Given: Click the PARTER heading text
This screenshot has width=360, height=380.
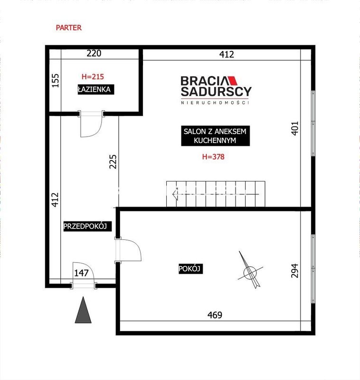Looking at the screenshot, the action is (x=68, y=28).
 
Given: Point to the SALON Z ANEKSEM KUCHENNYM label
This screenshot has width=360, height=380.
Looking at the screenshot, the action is (x=215, y=136).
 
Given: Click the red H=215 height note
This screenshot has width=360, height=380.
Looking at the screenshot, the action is (x=93, y=76).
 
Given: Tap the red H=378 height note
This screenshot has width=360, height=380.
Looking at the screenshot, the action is (x=213, y=157).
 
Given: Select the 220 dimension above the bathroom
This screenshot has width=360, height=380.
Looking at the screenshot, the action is (x=94, y=53).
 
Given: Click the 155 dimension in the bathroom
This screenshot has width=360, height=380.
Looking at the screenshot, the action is (x=56, y=81).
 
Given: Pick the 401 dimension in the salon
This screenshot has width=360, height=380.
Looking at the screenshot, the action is (x=294, y=128).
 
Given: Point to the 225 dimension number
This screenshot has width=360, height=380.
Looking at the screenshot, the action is (x=113, y=161).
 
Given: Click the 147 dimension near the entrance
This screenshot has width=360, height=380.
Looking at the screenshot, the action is (x=81, y=273).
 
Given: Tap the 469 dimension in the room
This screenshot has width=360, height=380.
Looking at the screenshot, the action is (x=215, y=315).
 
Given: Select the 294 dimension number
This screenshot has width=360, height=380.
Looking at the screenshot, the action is (x=294, y=271).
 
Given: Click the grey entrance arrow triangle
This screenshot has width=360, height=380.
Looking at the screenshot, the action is (x=83, y=310).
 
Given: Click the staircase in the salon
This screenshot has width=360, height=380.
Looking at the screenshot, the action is (x=216, y=194).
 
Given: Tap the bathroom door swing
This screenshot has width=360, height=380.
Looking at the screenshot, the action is (x=91, y=124).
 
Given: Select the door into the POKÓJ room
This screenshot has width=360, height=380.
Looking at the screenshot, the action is (x=128, y=250).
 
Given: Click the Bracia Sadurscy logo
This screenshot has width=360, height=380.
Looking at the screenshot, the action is (x=216, y=90).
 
